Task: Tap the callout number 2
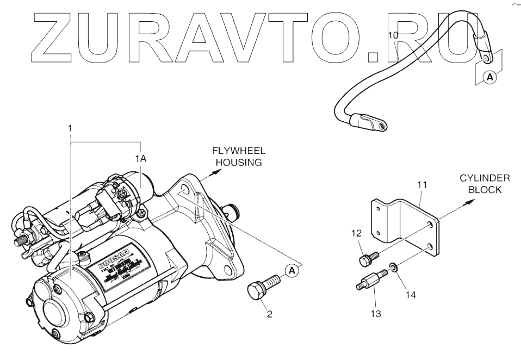coord(269,314)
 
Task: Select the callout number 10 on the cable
coord(393,35)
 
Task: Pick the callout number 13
coord(375,314)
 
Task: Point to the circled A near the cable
coord(490,78)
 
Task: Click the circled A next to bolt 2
coord(292,269)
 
